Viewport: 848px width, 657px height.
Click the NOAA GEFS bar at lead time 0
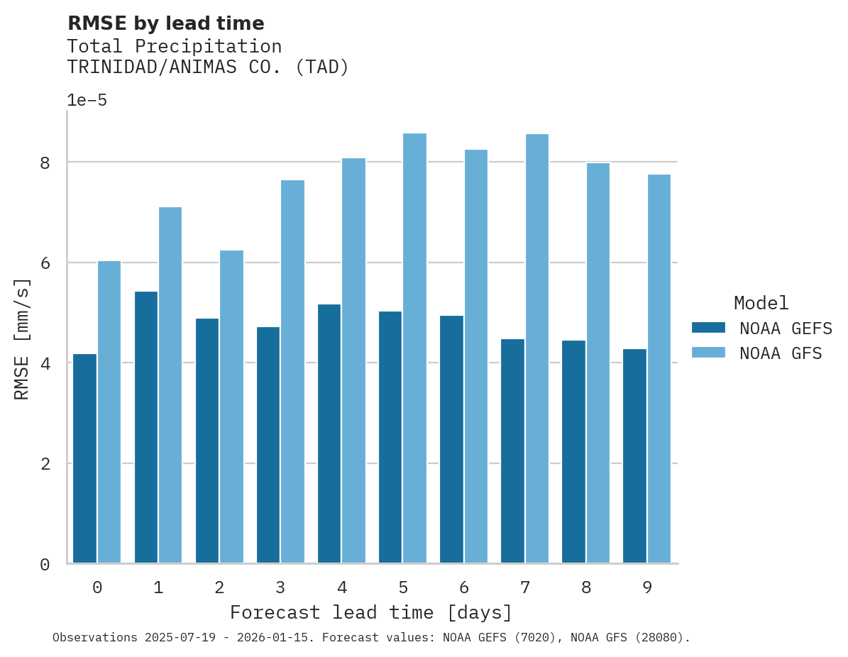coord(85,458)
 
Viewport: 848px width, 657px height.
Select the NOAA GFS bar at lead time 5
coord(414,348)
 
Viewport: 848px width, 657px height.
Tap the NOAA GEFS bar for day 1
coord(146,427)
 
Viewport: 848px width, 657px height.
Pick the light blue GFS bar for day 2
coord(231,407)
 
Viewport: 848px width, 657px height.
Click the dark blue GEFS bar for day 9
coord(634,456)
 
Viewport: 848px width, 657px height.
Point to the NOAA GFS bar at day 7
coord(536,348)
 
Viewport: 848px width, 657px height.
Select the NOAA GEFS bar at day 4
coord(329,434)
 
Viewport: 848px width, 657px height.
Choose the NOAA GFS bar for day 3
coord(292,372)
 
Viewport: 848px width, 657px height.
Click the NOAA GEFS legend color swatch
coord(708,328)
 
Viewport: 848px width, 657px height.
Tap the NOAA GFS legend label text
coord(781,353)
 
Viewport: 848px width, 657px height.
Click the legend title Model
coord(761,304)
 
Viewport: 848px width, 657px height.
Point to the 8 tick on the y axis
coord(45,162)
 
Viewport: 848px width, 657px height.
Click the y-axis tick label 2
coord(45,464)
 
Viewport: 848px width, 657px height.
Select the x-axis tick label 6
coord(464,587)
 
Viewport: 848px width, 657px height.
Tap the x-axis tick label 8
coord(586,587)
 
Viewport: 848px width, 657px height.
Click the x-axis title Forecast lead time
coord(370,612)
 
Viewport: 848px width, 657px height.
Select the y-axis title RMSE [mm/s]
coord(22,339)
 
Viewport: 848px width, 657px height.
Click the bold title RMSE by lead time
coord(165,23)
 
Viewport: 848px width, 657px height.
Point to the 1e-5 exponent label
coord(87,100)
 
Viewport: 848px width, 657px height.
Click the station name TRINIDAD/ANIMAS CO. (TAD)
coord(208,67)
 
